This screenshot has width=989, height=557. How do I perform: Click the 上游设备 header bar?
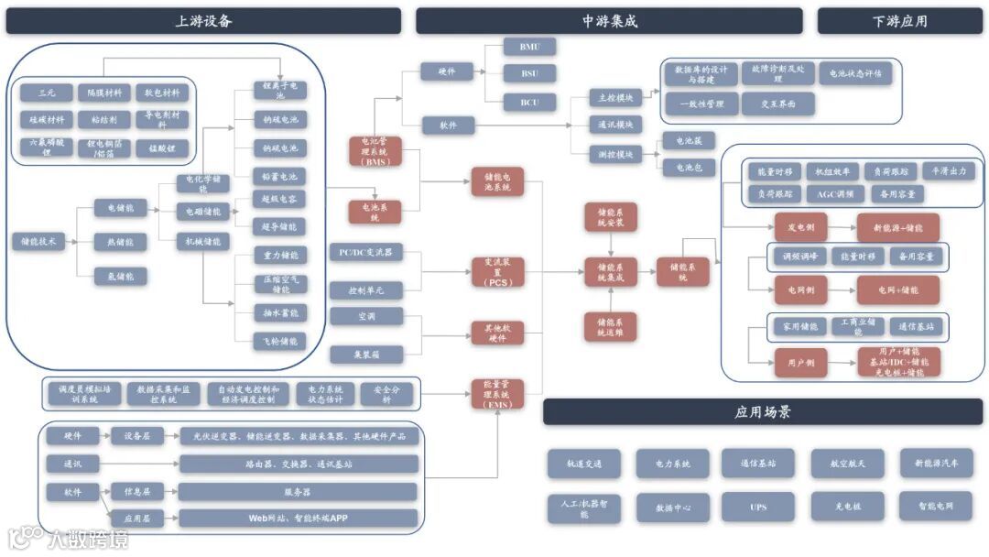[x=203, y=21]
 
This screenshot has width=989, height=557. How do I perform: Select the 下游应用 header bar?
[x=899, y=21]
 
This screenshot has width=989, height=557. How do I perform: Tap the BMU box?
[x=530, y=46]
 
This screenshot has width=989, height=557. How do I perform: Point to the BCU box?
[x=530, y=102]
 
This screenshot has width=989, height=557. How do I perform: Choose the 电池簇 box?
[x=689, y=141]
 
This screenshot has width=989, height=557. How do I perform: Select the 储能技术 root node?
[x=38, y=242]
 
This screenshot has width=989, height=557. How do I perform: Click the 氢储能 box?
[x=120, y=276]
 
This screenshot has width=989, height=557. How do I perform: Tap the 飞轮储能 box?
[x=279, y=341]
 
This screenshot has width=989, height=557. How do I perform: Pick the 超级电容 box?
[x=279, y=199]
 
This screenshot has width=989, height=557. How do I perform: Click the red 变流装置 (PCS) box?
[x=497, y=272]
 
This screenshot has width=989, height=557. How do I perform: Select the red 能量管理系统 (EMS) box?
[x=497, y=395]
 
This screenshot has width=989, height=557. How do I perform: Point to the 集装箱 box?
[x=366, y=353]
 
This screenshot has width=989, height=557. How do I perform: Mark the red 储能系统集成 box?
[x=610, y=272]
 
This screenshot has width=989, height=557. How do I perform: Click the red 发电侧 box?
[x=788, y=227]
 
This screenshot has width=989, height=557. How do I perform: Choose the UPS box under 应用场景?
[x=757, y=507]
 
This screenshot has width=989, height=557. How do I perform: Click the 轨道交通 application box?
[x=584, y=464]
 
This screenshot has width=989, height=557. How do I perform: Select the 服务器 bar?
[x=299, y=492]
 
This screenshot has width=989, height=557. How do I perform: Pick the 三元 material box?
[x=47, y=93]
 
